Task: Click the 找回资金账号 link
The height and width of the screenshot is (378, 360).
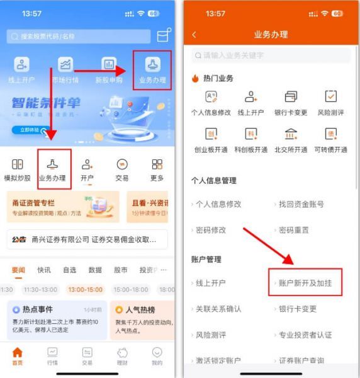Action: (301, 204)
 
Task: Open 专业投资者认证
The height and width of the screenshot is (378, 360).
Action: (305, 335)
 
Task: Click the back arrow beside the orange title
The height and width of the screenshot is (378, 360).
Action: (194, 35)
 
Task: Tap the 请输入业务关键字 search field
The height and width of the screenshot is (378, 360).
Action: (271, 56)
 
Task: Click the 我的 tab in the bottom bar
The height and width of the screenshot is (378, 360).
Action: (157, 355)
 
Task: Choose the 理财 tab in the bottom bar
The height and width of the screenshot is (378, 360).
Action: (122, 355)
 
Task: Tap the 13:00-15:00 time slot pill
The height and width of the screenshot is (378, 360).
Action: (87, 290)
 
